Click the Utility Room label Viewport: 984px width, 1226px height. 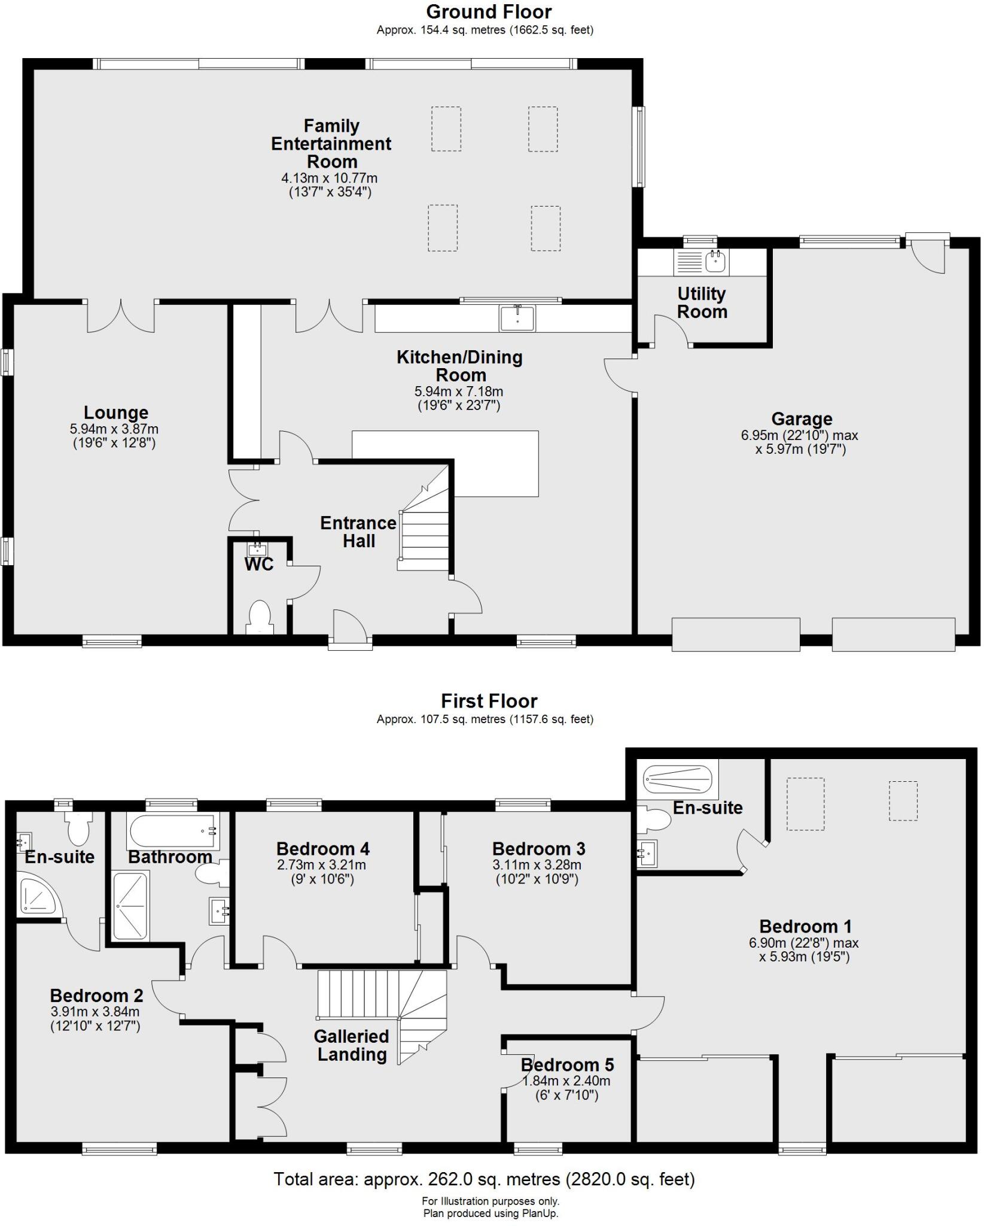(x=702, y=303)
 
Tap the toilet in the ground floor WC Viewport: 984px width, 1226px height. (x=260, y=616)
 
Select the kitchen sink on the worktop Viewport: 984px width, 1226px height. (x=518, y=318)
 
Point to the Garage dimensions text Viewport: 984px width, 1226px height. (x=800, y=442)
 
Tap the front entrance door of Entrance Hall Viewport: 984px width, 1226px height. (x=350, y=629)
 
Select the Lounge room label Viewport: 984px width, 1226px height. (x=116, y=413)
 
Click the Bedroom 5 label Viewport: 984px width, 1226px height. (x=567, y=1065)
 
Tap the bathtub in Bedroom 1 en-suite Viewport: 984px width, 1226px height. (x=677, y=779)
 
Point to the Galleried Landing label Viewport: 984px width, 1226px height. (x=352, y=1045)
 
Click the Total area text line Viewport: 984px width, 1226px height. (x=484, y=1179)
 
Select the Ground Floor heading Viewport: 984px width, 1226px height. (x=489, y=12)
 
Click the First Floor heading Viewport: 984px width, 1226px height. (x=489, y=701)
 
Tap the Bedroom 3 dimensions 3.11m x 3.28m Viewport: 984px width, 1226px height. (x=537, y=865)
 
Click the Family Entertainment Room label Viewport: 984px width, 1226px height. (x=331, y=144)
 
